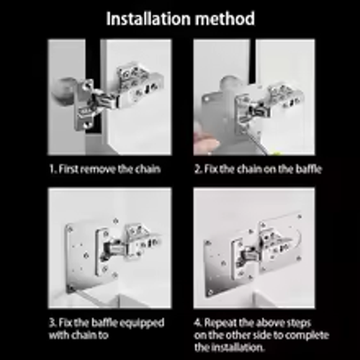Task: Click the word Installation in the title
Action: pyautogui.click(x=148, y=19)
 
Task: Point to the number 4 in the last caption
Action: pyautogui.click(x=197, y=321)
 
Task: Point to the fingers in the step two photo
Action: pyautogui.click(x=207, y=144)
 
